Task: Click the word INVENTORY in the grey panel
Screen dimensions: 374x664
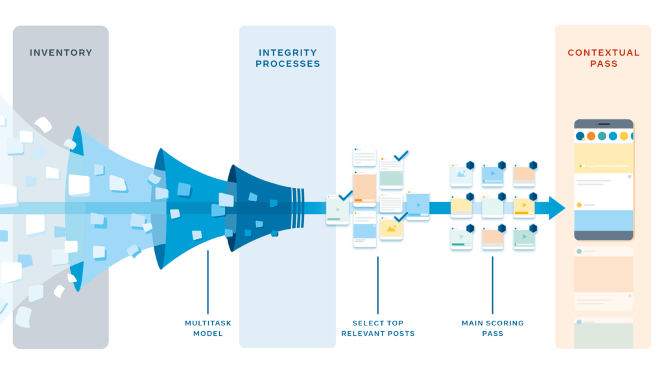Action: (x=61, y=53)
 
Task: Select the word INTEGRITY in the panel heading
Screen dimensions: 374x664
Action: (x=287, y=53)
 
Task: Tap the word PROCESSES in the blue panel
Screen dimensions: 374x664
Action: (x=287, y=64)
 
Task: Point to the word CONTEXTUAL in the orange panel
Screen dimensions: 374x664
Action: (x=603, y=53)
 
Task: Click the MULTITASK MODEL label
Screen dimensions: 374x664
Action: (x=207, y=328)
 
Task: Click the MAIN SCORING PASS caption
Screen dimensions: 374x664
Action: (x=492, y=328)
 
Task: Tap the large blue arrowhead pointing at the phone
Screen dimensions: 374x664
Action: (x=556, y=208)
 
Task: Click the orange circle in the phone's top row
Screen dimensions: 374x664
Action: (x=591, y=136)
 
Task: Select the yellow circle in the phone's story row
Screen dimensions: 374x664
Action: (x=624, y=136)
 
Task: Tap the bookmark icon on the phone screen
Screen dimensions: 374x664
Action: (x=628, y=176)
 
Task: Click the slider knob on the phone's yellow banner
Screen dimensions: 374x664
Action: (x=582, y=166)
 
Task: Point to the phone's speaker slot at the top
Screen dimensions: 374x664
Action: (x=604, y=123)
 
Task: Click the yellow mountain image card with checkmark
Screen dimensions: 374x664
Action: (x=392, y=229)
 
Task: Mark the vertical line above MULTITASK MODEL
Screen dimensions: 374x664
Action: (x=207, y=282)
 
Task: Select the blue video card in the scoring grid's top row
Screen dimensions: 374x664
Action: (x=492, y=175)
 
